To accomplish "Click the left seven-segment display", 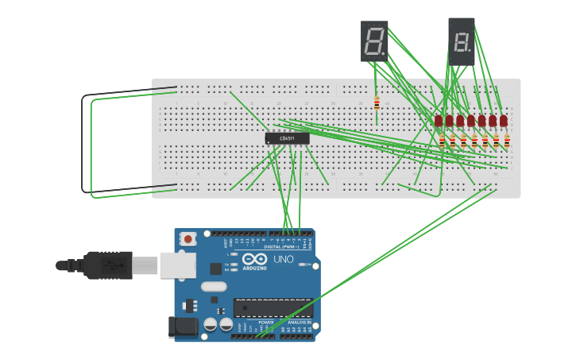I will [374, 41].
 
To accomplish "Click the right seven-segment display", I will [461, 41].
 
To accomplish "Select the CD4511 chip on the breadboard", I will [287, 138].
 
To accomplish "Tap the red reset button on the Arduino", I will [188, 238].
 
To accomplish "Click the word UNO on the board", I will [284, 260].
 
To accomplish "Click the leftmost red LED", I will [439, 120].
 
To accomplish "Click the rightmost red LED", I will [504, 120].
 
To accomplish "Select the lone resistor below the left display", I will [377, 103].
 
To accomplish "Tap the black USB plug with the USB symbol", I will [106, 265].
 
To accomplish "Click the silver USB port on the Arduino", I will [177, 265].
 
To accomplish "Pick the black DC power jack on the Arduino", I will [183, 327].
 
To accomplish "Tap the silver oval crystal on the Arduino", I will [214, 286].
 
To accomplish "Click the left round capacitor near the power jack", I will [210, 324].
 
